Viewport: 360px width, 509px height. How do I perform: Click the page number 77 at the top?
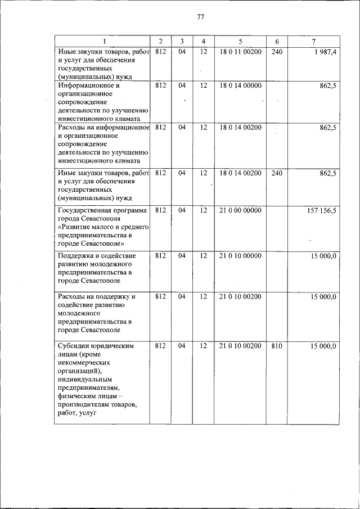point(200,17)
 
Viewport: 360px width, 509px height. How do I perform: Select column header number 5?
point(240,42)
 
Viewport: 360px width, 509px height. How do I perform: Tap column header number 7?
point(313,42)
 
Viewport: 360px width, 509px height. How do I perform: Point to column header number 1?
point(103,42)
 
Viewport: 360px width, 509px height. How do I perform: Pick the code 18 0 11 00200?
point(240,52)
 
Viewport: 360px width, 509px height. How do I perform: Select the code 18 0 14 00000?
point(240,85)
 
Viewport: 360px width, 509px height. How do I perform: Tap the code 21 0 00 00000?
point(240,210)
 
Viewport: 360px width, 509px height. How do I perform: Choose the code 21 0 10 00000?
point(240,255)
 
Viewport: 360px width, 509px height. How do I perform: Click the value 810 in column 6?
point(276,346)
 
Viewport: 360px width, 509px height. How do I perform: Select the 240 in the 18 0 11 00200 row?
point(276,52)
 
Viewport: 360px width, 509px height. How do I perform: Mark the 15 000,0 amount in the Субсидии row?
point(323,346)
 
